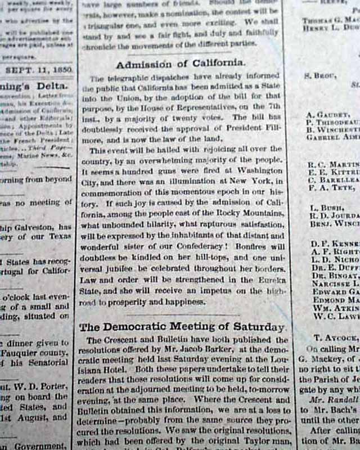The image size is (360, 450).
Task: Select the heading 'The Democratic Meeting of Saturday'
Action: [182, 327]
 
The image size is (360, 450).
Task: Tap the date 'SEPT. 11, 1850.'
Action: [38, 71]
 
